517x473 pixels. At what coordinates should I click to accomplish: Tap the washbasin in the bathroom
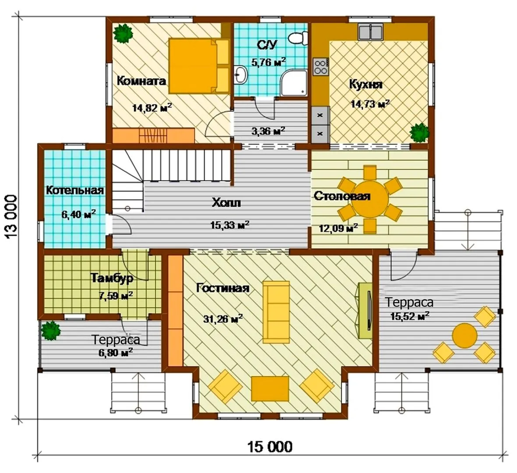pyautogui.click(x=241, y=75)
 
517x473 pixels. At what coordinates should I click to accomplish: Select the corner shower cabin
pyautogui.click(x=294, y=83)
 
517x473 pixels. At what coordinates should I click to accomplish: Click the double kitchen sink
pyautogui.click(x=370, y=32)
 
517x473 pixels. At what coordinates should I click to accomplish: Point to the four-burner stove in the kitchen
pyautogui.click(x=320, y=67)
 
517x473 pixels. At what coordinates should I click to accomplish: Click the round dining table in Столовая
pyautogui.click(x=370, y=199)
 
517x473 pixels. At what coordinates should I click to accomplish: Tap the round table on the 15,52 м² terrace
pyautogui.click(x=464, y=335)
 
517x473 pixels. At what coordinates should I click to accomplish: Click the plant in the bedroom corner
pyautogui.click(x=123, y=33)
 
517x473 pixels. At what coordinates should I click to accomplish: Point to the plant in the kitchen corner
pyautogui.click(x=419, y=133)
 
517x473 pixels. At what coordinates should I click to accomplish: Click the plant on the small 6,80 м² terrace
pyautogui.click(x=51, y=331)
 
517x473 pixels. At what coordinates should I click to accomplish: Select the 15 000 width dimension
pyautogui.click(x=270, y=447)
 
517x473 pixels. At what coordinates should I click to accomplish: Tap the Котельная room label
pyautogui.click(x=75, y=190)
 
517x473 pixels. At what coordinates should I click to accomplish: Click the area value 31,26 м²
pyautogui.click(x=223, y=319)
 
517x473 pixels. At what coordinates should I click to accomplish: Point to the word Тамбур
pyautogui.click(x=112, y=278)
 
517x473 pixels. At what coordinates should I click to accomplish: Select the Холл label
pyautogui.click(x=226, y=202)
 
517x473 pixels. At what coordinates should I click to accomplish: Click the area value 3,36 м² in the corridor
pyautogui.click(x=269, y=131)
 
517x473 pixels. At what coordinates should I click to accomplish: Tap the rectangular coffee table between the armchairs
pyautogui.click(x=270, y=388)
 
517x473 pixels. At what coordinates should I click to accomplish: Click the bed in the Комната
pyautogui.click(x=199, y=66)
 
